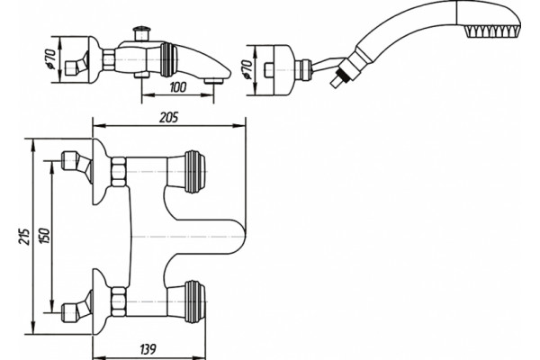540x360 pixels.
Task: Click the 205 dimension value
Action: (x=169, y=118)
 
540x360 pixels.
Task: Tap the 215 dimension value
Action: (x=24, y=236)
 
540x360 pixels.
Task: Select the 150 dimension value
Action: (x=45, y=236)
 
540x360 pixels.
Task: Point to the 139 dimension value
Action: (x=148, y=349)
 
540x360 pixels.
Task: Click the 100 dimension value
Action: (x=177, y=87)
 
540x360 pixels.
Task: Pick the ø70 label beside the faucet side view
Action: (x=50, y=59)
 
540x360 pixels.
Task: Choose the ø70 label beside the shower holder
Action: (x=247, y=70)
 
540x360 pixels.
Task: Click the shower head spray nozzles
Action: (x=490, y=31)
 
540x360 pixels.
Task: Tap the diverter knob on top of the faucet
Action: (x=141, y=32)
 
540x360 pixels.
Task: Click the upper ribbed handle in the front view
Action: (x=195, y=172)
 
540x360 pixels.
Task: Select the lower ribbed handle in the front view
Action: (x=195, y=302)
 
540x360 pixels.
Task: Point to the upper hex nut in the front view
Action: (x=119, y=172)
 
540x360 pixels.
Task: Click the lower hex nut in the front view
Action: (x=119, y=302)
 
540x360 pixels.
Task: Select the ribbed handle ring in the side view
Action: (x=168, y=59)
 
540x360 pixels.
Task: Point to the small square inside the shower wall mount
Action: (x=269, y=70)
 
